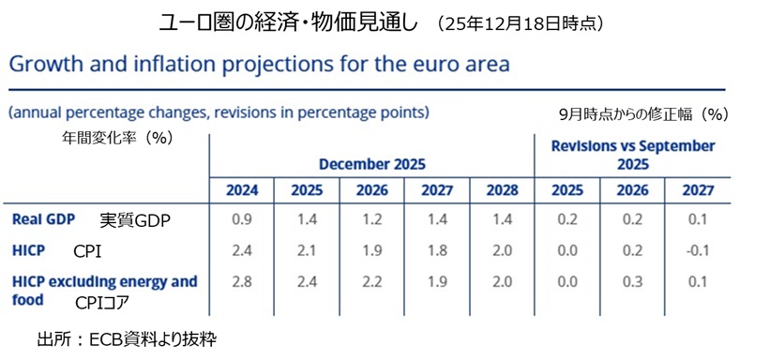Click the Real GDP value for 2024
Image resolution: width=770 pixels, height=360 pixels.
[241, 220]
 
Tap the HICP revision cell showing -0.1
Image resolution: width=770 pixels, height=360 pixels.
[697, 251]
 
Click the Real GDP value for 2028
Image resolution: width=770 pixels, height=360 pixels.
[501, 220]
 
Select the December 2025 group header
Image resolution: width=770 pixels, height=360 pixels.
[371, 163]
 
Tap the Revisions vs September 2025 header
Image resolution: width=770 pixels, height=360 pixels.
[632, 155]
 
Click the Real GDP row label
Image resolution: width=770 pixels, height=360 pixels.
[43, 220]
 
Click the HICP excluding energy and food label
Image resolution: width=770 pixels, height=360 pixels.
[103, 289]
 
